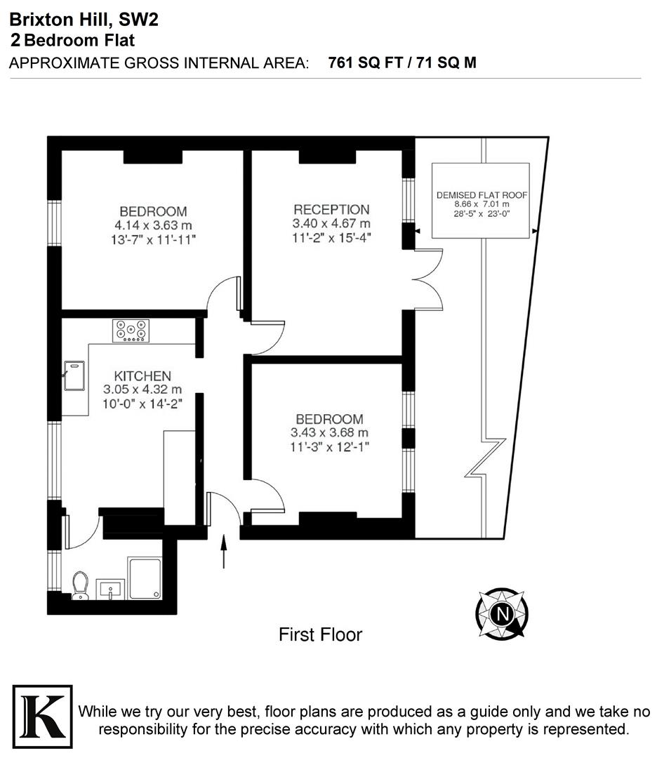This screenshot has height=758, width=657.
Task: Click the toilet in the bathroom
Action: [80, 585]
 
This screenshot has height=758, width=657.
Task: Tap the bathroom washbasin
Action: [111, 589]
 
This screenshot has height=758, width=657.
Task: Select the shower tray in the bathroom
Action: [145, 578]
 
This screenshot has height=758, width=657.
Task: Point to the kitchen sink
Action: [74, 375]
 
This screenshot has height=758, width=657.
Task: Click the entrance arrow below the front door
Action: [225, 552]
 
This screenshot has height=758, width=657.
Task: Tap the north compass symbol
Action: [502, 613]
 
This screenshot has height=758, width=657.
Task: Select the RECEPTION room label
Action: [331, 210]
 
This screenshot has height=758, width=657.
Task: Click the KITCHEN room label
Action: [142, 376]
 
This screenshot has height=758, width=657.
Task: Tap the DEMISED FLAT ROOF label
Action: [481, 195]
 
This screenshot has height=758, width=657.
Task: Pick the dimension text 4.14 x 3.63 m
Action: [152, 225]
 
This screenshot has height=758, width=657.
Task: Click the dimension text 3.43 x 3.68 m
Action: [329, 432]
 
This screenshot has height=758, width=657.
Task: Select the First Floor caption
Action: [320, 635]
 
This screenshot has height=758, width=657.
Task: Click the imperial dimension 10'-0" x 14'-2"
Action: [142, 403]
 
